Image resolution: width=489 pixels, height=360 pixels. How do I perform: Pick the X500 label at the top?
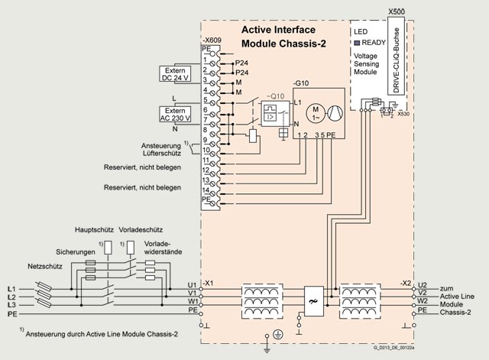tap(397, 13)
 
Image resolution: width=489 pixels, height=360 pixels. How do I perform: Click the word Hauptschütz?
tap(96, 229)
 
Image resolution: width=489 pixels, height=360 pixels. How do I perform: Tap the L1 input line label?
tap(11, 288)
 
